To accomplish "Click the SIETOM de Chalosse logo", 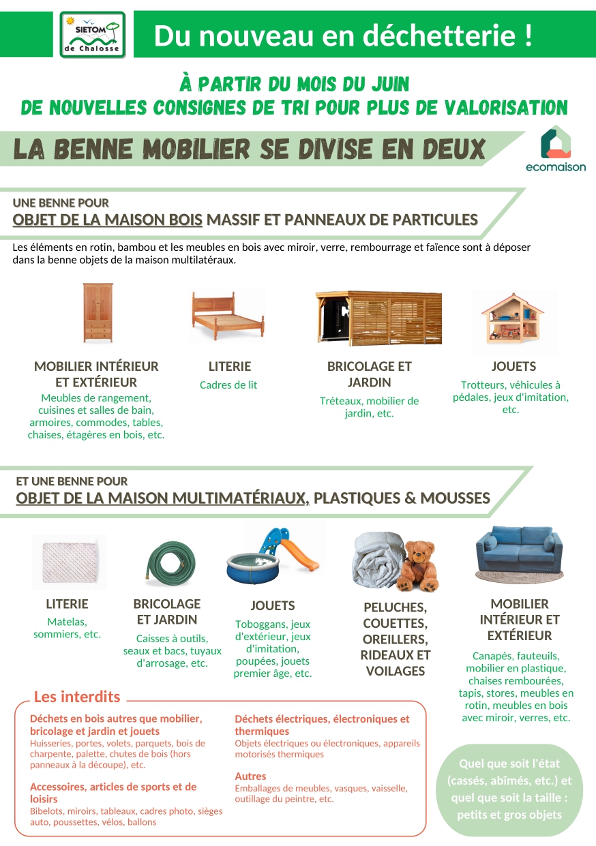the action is click(x=93, y=34).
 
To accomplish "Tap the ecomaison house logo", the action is click(x=556, y=142).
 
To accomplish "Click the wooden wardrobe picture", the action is click(x=98, y=313).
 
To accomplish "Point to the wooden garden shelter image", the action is click(x=378, y=318).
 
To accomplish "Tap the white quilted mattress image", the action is click(x=70, y=562).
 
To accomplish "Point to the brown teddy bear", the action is click(x=419, y=566).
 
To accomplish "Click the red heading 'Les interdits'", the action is click(x=77, y=697).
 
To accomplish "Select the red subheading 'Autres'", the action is click(x=250, y=776).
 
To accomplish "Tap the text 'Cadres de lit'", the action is click(x=228, y=385).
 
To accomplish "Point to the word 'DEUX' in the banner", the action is click(x=453, y=149).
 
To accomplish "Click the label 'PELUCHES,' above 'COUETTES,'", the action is click(x=395, y=607).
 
